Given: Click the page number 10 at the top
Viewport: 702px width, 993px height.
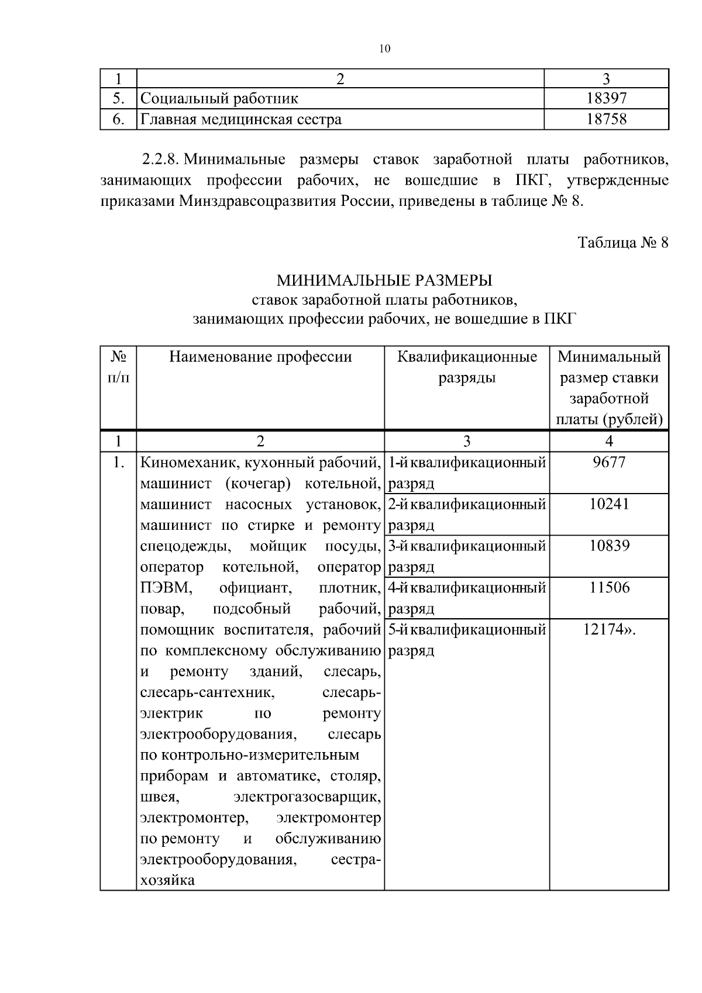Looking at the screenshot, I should (384, 49).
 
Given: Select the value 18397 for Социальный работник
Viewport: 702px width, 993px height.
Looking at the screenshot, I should (606, 98).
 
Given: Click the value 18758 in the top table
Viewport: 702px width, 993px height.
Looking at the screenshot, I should (606, 119).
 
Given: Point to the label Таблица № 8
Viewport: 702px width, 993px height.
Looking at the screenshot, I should (622, 243).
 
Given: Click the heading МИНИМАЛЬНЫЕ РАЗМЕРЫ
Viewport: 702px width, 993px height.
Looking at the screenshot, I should (384, 281).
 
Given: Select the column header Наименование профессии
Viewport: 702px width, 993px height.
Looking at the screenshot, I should (260, 357).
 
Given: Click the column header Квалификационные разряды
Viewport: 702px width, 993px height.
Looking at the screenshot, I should (467, 367).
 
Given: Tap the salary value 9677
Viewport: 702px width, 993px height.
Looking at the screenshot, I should (608, 463).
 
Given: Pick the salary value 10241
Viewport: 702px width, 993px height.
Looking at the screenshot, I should (608, 504).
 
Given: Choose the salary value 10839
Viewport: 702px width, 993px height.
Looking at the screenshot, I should (608, 546).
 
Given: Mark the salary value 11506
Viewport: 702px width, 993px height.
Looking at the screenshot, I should (608, 588).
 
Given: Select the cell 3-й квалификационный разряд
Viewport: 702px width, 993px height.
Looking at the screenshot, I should (467, 556).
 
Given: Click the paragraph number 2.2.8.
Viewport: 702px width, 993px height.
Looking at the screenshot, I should (161, 160).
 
